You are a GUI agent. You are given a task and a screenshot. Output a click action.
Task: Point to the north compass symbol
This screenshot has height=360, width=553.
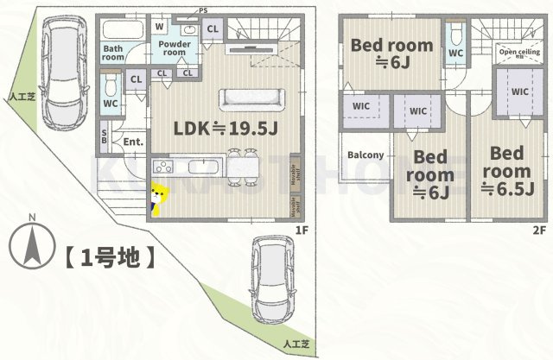click(31, 244)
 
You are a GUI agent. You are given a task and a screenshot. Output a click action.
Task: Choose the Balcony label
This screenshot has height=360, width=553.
click(365, 155)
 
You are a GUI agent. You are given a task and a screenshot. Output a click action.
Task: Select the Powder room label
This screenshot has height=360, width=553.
click(175, 47)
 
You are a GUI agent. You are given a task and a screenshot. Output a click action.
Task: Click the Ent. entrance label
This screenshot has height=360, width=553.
click(132, 142)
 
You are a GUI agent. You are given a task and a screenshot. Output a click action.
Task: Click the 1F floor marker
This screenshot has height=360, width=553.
click(302, 230)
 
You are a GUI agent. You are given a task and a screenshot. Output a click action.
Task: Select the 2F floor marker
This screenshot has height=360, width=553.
click(538, 230)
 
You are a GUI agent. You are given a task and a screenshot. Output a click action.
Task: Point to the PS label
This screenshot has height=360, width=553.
click(203, 10)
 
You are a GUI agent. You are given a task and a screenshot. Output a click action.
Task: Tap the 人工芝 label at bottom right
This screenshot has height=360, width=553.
click(296, 344)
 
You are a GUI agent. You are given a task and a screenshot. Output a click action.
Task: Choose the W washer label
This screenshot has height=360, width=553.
click(161, 27)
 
